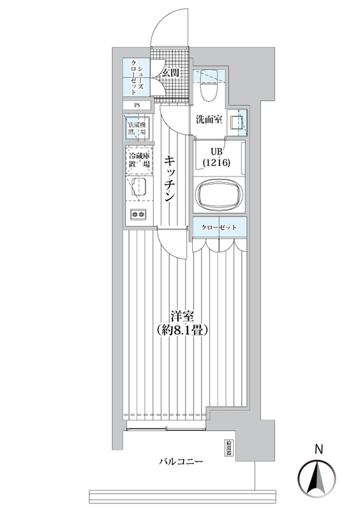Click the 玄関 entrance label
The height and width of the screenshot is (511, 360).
coord(170,73)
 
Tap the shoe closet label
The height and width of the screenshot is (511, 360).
coord(138,77)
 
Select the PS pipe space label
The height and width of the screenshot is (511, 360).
coord(137,106)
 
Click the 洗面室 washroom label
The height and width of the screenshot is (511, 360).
coord(209,119)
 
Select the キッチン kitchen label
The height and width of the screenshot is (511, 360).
coord(170,179)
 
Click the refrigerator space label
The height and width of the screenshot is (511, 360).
coord(138,160)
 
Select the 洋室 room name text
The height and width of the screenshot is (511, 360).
coord(182,316)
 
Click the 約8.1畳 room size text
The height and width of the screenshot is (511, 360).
coord(183,331)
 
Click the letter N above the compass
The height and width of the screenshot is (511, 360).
coord(317,450)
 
